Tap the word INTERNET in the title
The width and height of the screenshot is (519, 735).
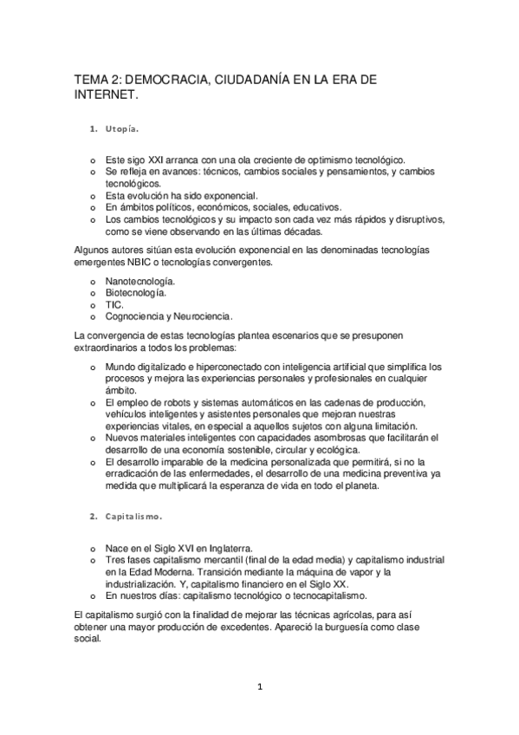pyautogui.click(x=104, y=96)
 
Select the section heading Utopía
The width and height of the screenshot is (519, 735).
pyautogui.click(x=122, y=130)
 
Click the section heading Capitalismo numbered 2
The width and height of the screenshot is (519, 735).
pyautogui.click(x=133, y=517)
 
